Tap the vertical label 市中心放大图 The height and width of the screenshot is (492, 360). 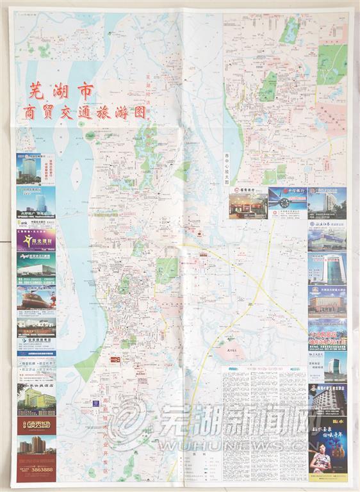227,169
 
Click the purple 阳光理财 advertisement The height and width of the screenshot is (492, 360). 36,240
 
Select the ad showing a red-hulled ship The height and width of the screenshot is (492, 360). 36,299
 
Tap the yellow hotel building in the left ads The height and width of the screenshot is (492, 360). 36,402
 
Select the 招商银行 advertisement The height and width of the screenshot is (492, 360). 248,202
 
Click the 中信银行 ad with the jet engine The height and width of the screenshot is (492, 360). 288,202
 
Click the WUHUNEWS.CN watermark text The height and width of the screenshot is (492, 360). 211,444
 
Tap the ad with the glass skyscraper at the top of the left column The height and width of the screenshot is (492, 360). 36,168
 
